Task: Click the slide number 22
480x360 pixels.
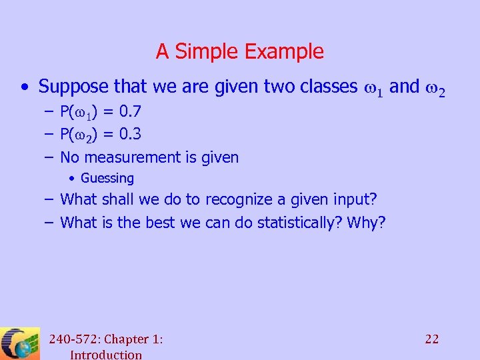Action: pyautogui.click(x=432, y=339)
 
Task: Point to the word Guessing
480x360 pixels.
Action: pyautogui.click(x=107, y=178)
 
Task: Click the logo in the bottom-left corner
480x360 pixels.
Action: pyautogui.click(x=20, y=343)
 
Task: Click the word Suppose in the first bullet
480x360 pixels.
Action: pyautogui.click(x=73, y=86)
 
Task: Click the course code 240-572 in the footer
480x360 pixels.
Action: pyautogui.click(x=72, y=339)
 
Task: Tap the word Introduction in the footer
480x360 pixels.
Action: pyautogui.click(x=105, y=354)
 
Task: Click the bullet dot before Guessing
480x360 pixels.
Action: pyautogui.click(x=73, y=178)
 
